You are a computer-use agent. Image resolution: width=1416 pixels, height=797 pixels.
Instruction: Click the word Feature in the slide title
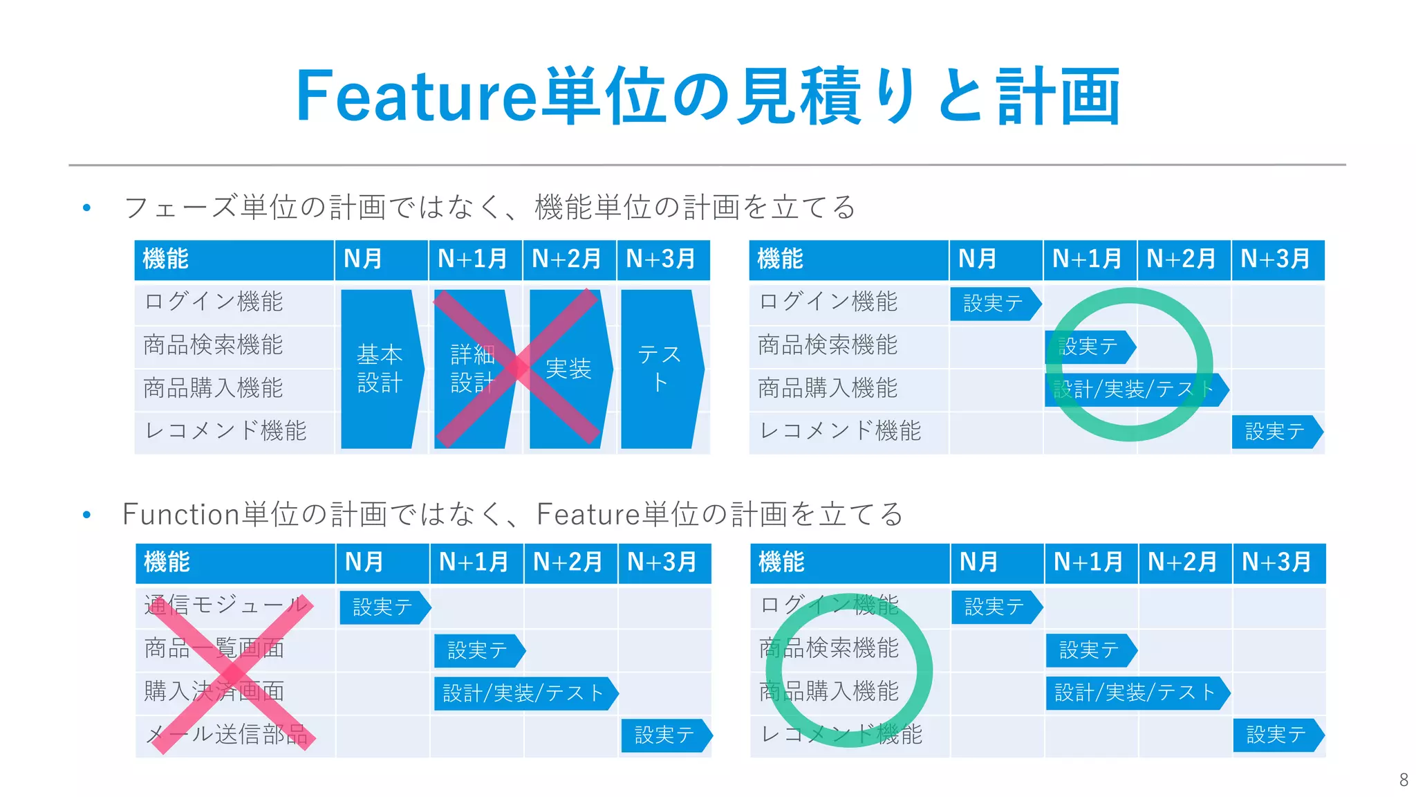[x=416, y=96]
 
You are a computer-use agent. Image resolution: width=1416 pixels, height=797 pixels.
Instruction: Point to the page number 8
[x=1403, y=780]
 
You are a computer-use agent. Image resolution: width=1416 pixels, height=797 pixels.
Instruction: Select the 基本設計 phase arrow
[x=381, y=369]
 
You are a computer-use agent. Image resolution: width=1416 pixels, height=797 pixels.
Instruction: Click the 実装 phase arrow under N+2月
[x=569, y=369]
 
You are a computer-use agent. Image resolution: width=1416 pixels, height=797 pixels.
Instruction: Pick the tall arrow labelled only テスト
[x=661, y=369]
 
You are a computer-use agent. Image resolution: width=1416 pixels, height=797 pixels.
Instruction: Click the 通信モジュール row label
[x=225, y=605]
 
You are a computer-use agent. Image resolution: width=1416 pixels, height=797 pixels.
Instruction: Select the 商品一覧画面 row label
[x=214, y=648]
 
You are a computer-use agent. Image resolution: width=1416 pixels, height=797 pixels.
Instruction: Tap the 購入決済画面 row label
[x=214, y=691]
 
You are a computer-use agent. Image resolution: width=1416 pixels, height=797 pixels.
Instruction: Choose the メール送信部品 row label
[x=227, y=734]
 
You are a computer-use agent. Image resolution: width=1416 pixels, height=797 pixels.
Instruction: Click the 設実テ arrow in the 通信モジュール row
[x=384, y=607]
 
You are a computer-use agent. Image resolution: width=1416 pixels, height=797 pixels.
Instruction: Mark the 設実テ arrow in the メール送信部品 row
[x=665, y=735]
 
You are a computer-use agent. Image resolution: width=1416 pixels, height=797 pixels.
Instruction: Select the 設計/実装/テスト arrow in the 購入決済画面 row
[x=524, y=693]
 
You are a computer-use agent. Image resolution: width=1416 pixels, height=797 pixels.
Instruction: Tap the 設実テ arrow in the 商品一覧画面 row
[x=478, y=650]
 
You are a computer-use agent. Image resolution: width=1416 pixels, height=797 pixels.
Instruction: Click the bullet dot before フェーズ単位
[x=86, y=208]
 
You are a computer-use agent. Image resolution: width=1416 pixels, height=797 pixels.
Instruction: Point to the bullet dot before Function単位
[x=86, y=515]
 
